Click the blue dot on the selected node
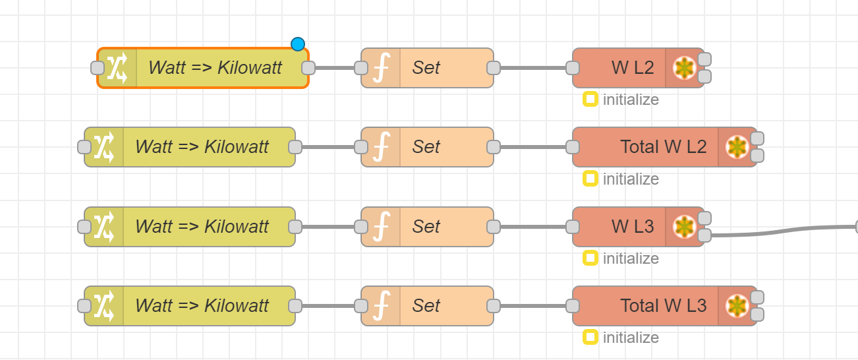(298, 44)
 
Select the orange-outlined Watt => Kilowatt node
(203, 68)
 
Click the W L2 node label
(633, 68)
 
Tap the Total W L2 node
(664, 147)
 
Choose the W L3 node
(638, 227)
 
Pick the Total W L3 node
(664, 306)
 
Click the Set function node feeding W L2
(427, 68)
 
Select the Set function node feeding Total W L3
(427, 306)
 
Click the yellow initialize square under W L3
(590, 258)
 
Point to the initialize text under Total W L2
(631, 179)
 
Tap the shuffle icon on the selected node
(117, 68)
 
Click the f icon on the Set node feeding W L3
(381, 227)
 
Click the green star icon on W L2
(684, 69)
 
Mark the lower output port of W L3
(704, 235)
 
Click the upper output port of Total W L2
(757, 138)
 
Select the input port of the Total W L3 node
(573, 306)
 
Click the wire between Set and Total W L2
(533, 147)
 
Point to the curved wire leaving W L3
(784, 230)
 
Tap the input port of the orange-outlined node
(98, 68)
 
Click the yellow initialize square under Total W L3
(590, 338)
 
